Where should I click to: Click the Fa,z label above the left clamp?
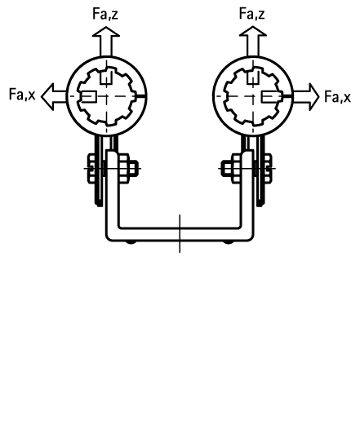pos(105,14)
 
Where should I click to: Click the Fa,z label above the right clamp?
pos(251,14)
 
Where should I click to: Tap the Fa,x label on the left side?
pos(22,94)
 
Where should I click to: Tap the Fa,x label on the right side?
pos(337,96)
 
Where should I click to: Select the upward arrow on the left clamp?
pos(106,42)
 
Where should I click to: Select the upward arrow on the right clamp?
pos(253,42)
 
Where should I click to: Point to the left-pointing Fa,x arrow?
pos(54,96)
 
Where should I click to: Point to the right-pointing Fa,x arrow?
pos(305,96)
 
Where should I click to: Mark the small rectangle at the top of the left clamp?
pos(106,77)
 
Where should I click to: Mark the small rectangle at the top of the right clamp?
pos(253,77)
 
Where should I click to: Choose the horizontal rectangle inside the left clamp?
pos(89,96)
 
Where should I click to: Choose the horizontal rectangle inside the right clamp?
pos(270,96)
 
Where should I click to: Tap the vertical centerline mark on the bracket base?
pos(180,234)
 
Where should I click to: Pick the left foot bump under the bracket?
pos(131,242)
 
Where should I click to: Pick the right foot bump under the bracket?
pos(229,242)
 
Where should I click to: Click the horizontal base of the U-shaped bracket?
pos(180,235)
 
